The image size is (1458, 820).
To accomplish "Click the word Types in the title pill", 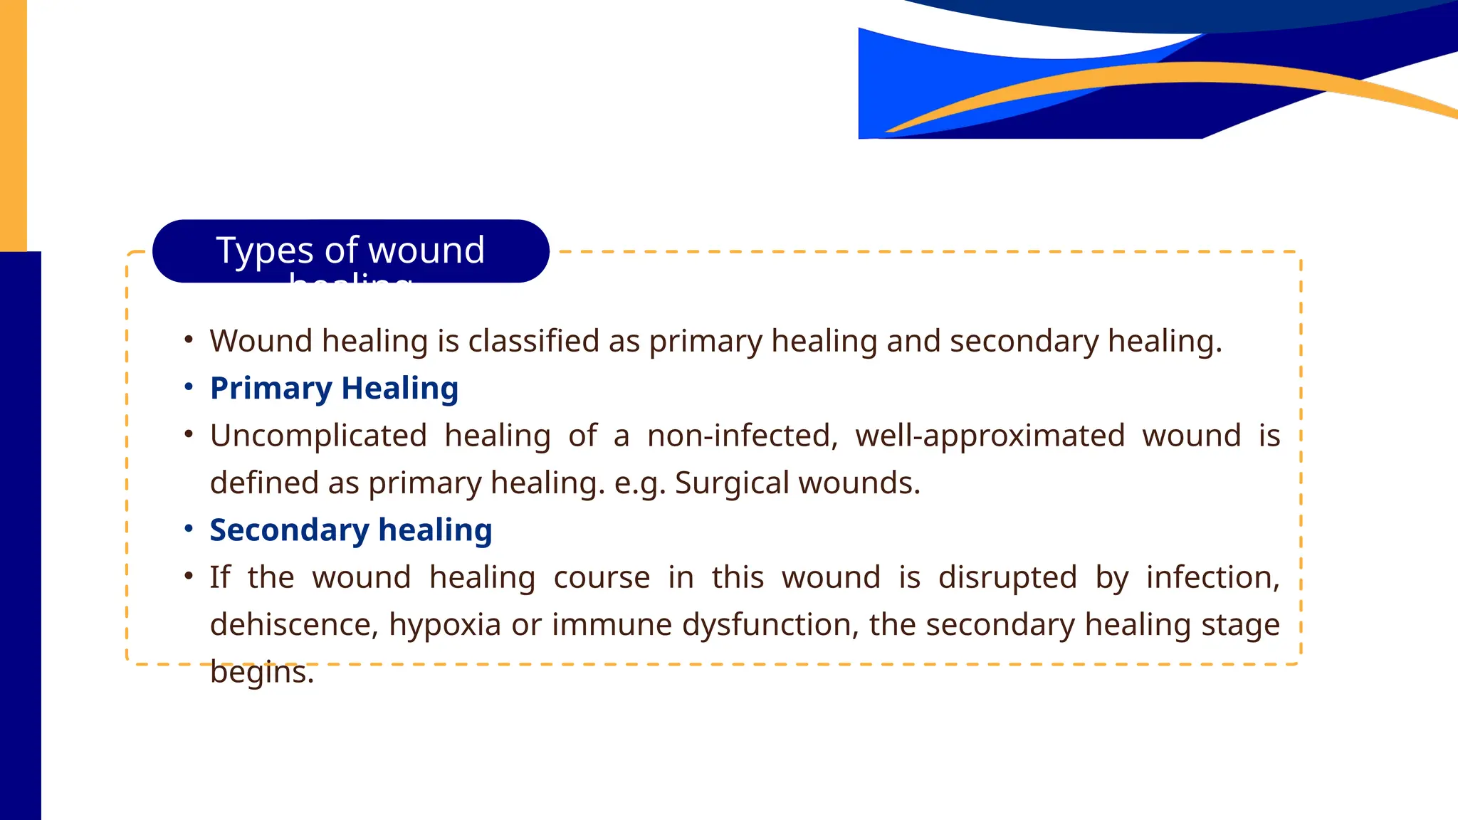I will (264, 251).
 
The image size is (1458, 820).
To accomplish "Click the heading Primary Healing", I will (334, 389).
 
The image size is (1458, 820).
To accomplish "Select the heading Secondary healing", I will (350, 530).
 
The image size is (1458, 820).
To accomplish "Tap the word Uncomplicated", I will (318, 436).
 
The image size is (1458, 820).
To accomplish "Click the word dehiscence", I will (292, 624).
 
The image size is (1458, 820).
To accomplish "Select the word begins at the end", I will (261, 672).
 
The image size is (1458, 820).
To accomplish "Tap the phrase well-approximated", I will (990, 436).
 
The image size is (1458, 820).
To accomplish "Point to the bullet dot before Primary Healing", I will (189, 387).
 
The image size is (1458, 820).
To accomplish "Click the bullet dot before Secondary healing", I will (189, 529).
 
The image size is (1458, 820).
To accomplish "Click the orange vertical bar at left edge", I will (13, 125).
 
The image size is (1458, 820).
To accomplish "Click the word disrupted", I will (1007, 577).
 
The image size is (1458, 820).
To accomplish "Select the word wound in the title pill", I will (426, 251).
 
